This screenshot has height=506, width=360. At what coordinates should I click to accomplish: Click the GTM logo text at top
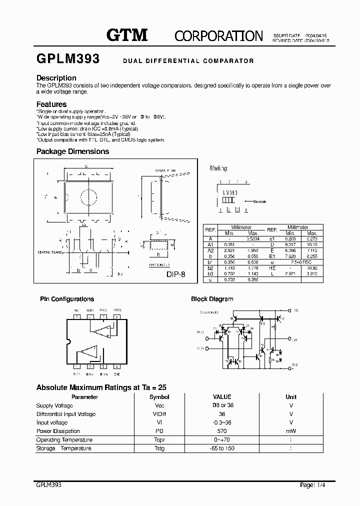tap(127, 35)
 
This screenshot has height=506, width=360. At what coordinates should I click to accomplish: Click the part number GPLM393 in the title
tap(68, 59)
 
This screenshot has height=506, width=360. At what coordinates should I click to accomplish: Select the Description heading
tap(56, 78)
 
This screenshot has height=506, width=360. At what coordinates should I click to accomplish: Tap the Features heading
tap(51, 104)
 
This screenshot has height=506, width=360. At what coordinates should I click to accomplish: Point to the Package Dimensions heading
tap(72, 151)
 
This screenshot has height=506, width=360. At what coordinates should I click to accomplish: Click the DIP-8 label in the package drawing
tap(175, 274)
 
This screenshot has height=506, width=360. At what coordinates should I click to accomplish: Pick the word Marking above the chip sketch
tap(219, 169)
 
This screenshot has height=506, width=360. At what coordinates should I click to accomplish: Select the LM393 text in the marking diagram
tap(229, 192)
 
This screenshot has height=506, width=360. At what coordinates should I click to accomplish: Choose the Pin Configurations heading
tap(67, 299)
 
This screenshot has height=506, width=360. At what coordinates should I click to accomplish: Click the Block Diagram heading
tap(212, 299)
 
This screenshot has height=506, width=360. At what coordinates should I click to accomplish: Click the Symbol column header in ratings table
tap(159, 397)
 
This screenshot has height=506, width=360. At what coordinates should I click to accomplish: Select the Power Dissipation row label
tap(58, 431)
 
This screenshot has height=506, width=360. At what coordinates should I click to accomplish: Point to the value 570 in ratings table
tap(222, 431)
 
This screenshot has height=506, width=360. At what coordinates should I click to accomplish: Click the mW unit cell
tap(291, 431)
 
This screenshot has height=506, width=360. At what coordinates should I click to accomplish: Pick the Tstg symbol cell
tap(159, 448)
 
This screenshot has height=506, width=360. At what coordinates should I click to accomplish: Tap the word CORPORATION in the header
tap(218, 35)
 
